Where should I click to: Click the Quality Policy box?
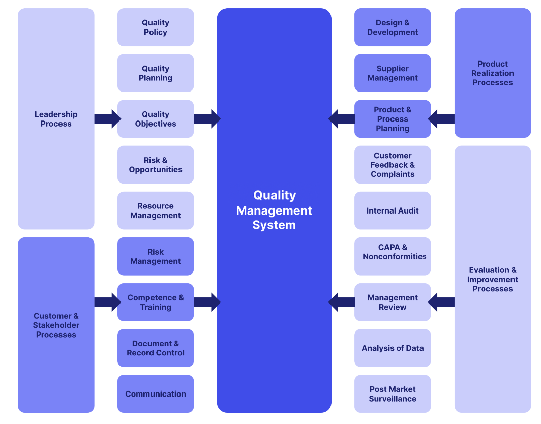[156, 27]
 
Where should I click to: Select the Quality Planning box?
[156, 73]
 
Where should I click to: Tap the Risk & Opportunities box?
[156, 165]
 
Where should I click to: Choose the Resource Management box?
[156, 210]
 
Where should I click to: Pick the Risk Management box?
[156, 256]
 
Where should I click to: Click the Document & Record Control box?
[156, 348]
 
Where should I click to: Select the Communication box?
[156, 394]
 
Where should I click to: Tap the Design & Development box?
[393, 27]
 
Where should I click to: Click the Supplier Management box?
[393, 73]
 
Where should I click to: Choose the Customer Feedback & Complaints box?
[393, 165]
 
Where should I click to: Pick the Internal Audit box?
[393, 210]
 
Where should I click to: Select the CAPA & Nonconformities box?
[393, 256]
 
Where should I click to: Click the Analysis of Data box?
[393, 348]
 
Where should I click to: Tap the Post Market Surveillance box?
[393, 394]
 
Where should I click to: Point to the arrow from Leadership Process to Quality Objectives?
[107, 119]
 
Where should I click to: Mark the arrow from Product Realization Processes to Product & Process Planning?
[441, 119]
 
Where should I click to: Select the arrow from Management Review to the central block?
[342, 302]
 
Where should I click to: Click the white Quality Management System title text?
[274, 210]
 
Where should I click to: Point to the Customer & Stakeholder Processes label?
[56, 325]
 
